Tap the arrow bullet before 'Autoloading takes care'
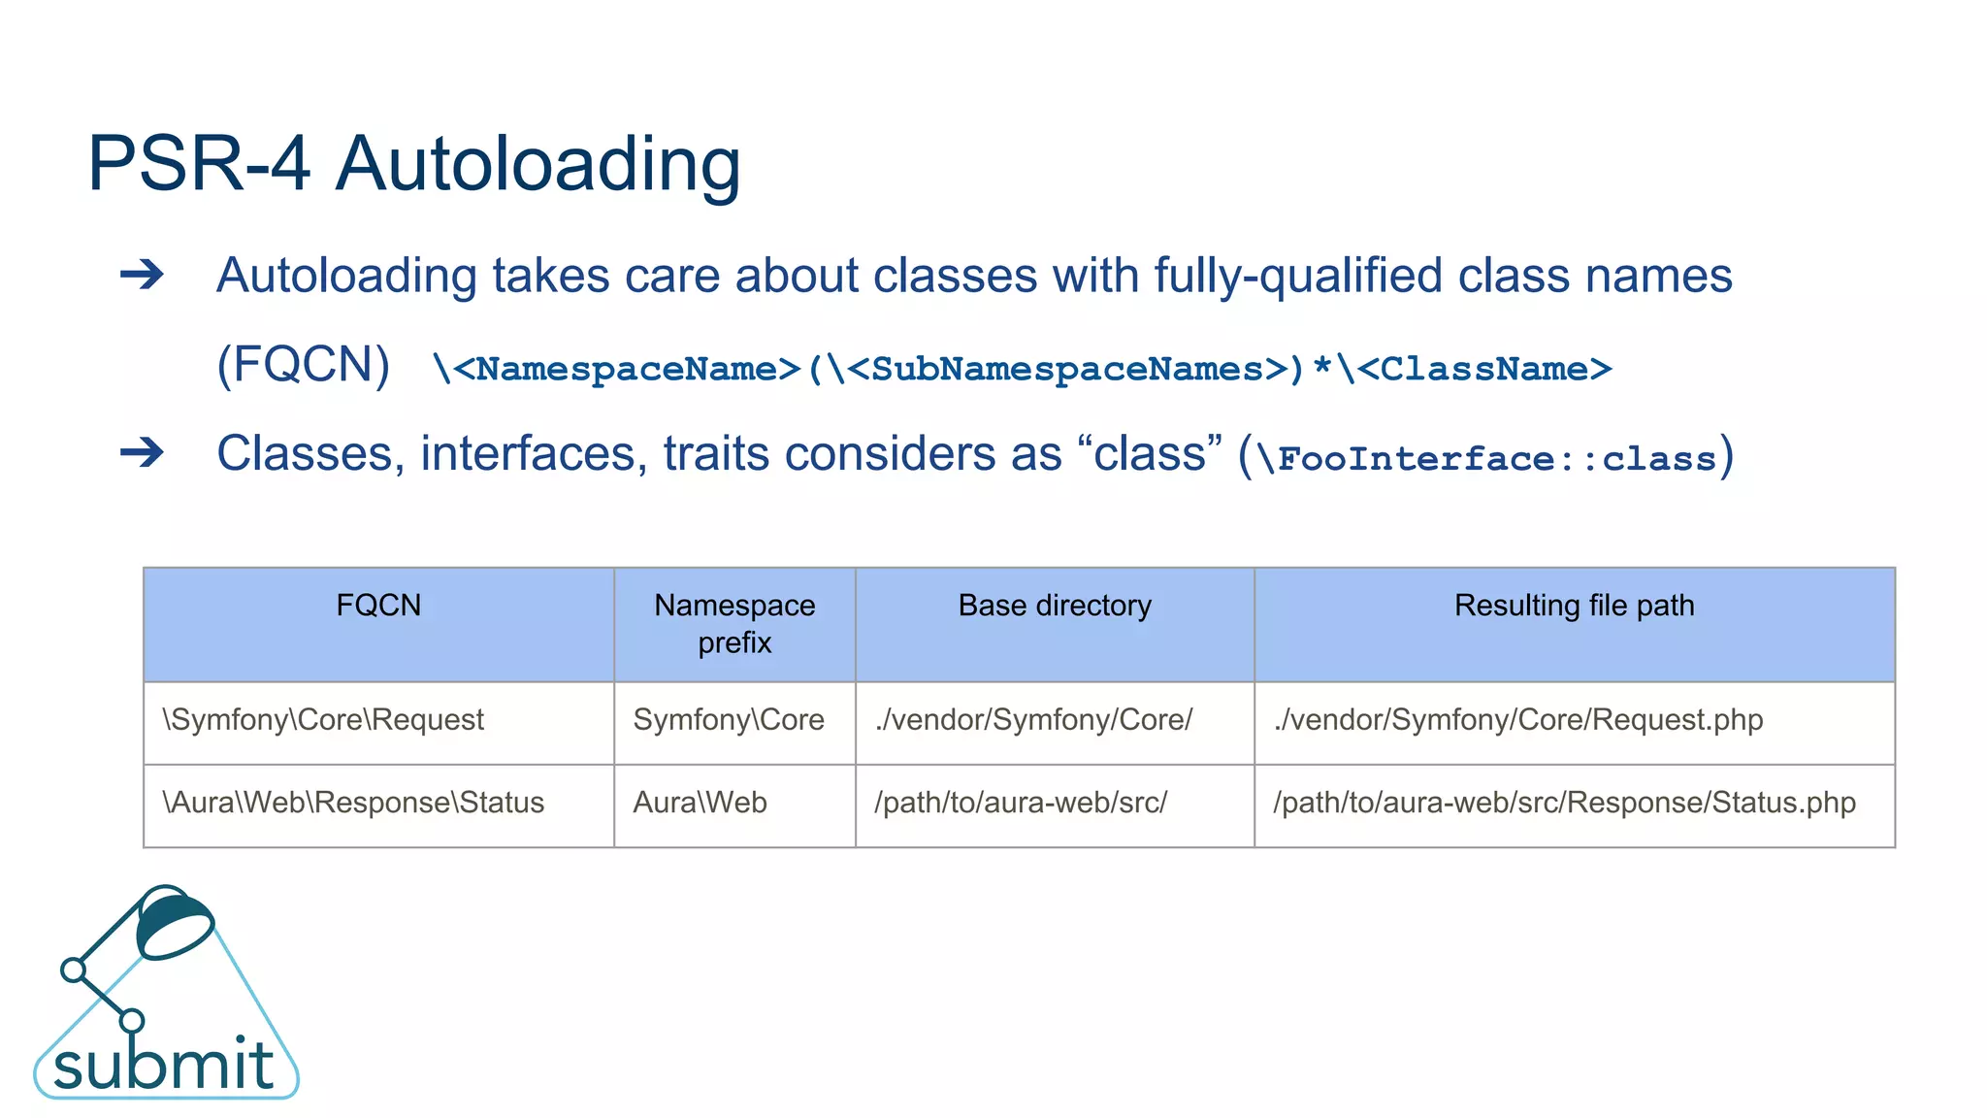click(x=142, y=275)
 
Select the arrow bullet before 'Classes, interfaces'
click(x=142, y=452)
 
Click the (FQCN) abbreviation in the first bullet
click(x=303, y=365)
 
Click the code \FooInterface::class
click(x=1485, y=458)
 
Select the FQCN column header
click(x=378, y=606)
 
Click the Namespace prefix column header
click(x=734, y=623)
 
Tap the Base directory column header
click(x=1055, y=606)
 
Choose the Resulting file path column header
click(x=1574, y=606)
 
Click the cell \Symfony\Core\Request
click(x=323, y=720)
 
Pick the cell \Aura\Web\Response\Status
click(x=353, y=803)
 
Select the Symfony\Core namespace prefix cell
click(x=729, y=720)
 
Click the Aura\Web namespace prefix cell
click(x=700, y=803)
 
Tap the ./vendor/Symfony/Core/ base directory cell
click(x=1033, y=720)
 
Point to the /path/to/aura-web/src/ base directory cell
click(x=1021, y=803)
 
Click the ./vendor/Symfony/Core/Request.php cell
click(x=1518, y=720)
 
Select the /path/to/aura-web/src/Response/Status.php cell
click(x=1564, y=803)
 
